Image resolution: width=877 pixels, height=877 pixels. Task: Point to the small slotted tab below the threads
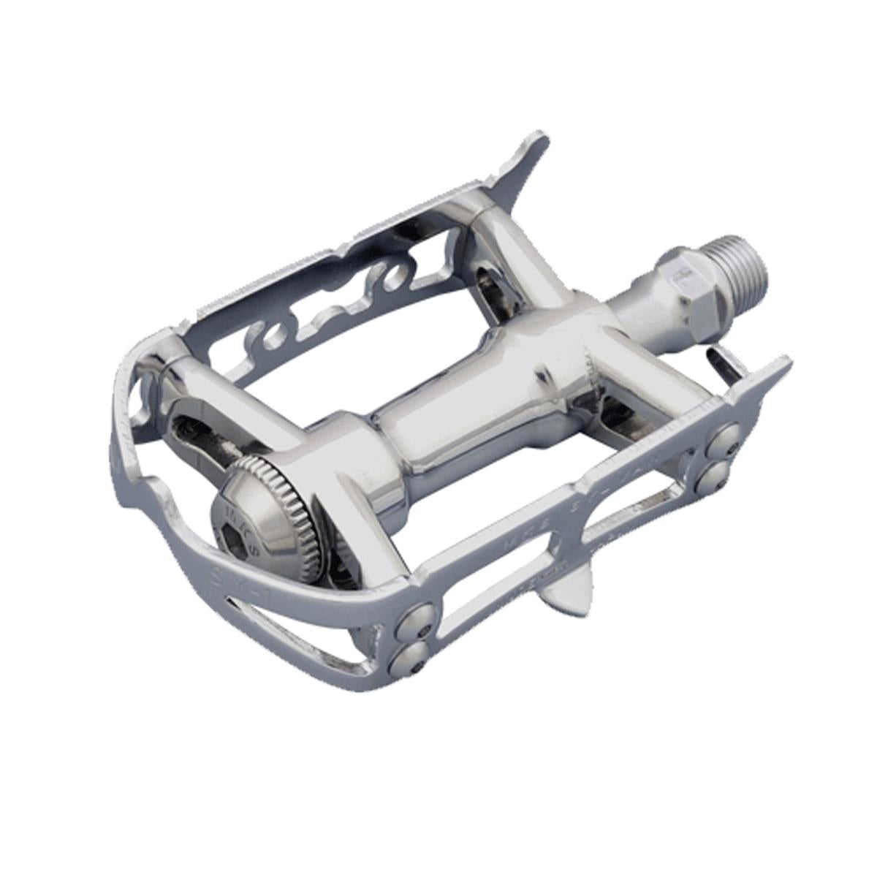pos(727,362)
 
